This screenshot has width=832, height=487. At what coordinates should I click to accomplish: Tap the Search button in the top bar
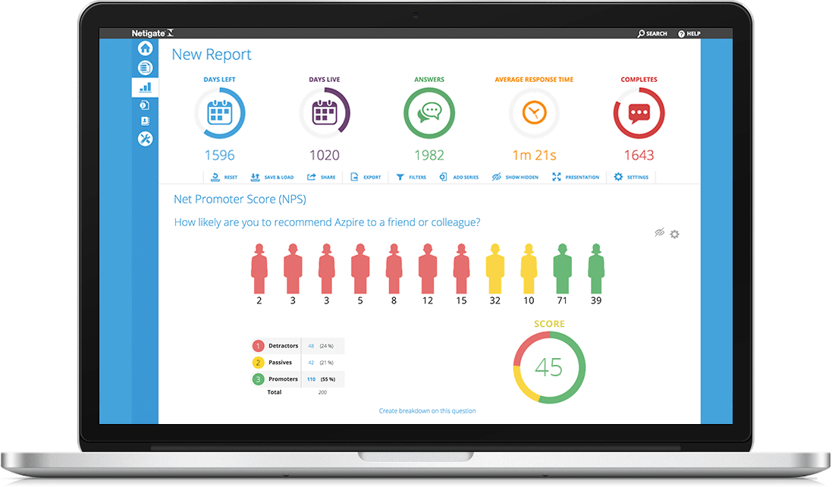652,33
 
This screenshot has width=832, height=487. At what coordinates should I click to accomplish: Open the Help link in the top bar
689,33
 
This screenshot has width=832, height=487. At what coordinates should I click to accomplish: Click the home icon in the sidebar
145,49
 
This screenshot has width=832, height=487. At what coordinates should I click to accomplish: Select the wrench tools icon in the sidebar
145,139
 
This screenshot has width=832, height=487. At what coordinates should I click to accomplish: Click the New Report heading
212,55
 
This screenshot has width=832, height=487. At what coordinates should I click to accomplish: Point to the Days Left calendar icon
220,113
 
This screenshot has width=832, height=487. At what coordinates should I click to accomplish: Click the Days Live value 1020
325,156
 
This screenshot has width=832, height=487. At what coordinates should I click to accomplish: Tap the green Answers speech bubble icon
429,113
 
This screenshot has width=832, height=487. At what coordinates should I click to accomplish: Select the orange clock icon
534,113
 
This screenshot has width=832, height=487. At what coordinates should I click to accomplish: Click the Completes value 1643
639,156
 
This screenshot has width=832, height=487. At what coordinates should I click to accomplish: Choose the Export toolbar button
366,177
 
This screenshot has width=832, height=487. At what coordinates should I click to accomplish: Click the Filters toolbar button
412,177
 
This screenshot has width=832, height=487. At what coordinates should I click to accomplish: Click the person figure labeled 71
562,269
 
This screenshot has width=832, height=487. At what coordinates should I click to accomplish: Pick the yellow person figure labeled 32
495,269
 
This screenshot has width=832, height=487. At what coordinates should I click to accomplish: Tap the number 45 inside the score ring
549,367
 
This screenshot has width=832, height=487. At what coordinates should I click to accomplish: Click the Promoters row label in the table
283,379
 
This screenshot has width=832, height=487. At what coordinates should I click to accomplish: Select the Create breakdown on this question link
428,411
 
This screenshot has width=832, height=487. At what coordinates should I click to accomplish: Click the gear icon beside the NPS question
674,234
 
